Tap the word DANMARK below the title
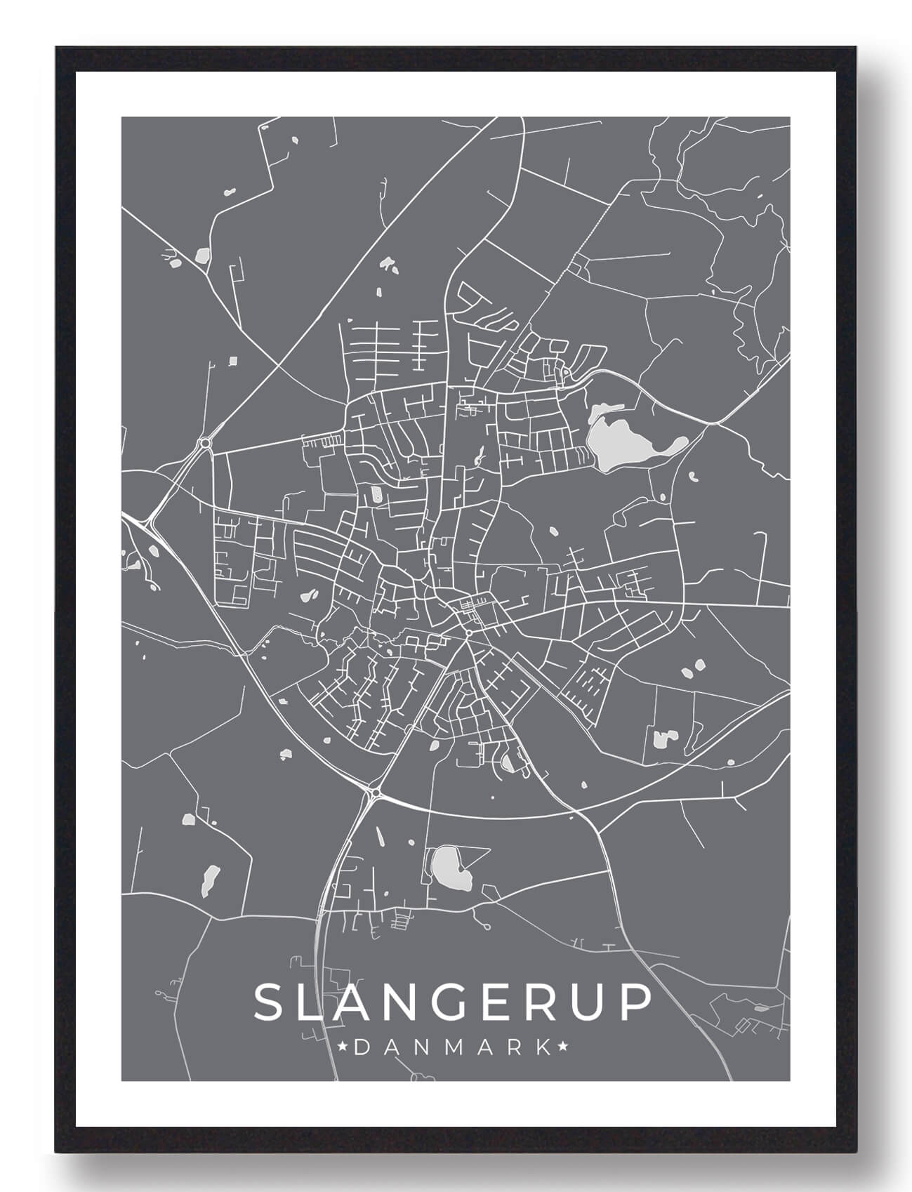453,1048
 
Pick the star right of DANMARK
562,1048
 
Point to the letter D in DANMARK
362,1048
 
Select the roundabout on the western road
205,443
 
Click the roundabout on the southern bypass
376,793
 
